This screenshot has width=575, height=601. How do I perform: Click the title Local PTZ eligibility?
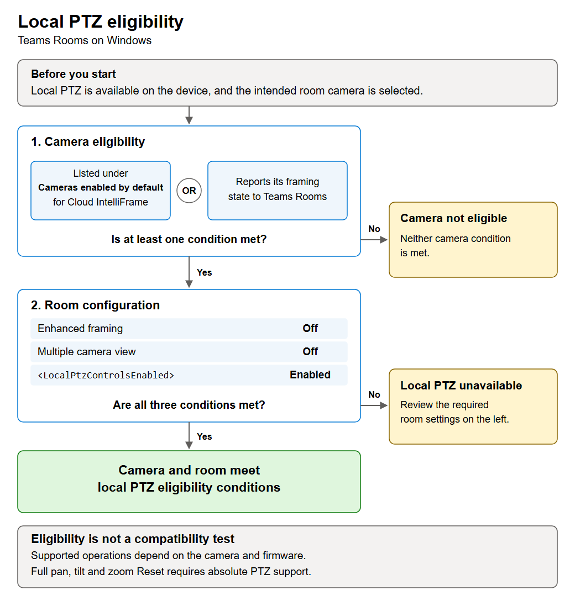point(101,22)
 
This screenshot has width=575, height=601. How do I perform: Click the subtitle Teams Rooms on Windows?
point(85,40)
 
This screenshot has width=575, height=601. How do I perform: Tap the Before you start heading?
point(74,74)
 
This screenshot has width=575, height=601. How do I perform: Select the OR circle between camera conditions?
point(189,191)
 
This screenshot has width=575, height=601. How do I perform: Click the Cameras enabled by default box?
point(101,191)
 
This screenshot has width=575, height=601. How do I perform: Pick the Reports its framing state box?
point(278,191)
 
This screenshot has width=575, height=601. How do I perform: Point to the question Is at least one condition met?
point(189,239)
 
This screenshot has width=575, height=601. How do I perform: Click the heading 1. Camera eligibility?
point(88,142)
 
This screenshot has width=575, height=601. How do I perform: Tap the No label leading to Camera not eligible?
point(374,229)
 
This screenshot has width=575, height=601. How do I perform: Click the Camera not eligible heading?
point(454,218)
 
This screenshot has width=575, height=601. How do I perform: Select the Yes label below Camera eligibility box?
point(204,272)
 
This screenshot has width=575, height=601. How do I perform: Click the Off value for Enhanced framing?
point(310,329)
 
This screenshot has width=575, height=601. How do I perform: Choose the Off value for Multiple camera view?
point(310,351)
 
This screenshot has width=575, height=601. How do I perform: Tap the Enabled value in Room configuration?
point(310,375)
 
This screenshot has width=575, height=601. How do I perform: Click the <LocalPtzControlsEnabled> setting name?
point(106,375)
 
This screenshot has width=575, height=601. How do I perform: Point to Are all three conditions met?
point(189,405)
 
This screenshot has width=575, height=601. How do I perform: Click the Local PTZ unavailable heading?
point(461,386)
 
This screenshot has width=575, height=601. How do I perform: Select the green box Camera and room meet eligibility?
point(189,482)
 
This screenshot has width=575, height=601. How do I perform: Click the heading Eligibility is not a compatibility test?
point(133,539)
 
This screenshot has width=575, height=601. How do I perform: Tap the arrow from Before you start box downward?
point(189,115)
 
